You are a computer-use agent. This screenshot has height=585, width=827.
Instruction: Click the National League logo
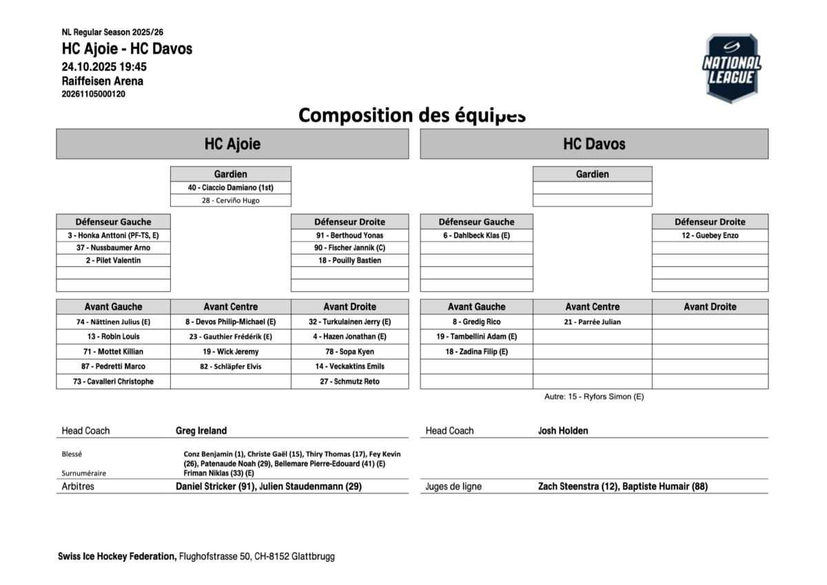click(731, 68)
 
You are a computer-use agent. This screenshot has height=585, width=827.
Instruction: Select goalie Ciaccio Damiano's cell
click(230, 188)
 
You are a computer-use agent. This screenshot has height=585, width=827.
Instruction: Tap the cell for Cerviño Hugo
click(230, 201)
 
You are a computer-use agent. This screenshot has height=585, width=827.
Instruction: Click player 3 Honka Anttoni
click(113, 235)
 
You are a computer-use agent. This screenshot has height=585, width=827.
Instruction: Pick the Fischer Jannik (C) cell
click(349, 248)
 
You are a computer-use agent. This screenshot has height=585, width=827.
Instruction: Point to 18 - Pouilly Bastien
click(349, 261)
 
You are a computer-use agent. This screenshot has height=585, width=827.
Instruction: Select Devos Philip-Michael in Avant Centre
click(230, 322)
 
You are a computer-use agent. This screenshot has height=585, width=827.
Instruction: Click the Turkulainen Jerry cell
click(349, 322)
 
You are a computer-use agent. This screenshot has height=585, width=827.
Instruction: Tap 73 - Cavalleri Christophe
click(113, 381)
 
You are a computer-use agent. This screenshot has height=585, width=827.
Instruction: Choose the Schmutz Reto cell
click(349, 381)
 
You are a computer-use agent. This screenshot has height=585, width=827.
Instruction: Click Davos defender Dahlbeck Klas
click(476, 235)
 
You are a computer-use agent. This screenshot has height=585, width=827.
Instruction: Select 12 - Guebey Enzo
click(710, 235)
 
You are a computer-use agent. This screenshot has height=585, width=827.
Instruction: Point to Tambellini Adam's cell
click(476, 337)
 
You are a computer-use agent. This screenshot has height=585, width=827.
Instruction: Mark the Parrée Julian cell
click(592, 322)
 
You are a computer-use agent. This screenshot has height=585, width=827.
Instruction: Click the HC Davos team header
click(594, 144)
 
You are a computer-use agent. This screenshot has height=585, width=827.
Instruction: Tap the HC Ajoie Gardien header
click(230, 175)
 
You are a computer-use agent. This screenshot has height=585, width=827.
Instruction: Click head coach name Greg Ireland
click(201, 430)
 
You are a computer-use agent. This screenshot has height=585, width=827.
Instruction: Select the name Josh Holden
click(563, 430)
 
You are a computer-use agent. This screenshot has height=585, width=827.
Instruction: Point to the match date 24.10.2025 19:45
click(104, 67)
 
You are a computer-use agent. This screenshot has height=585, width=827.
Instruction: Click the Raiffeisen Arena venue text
click(103, 81)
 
